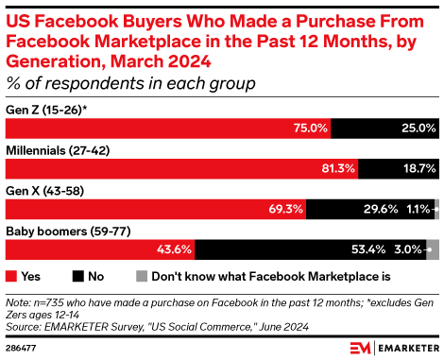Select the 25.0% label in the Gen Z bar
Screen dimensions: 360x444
[416, 128]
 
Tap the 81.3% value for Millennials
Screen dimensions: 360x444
[337, 168]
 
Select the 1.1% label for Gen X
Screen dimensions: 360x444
[417, 209]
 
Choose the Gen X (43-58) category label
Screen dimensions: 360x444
[44, 190]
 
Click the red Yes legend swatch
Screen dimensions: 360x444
[11, 277]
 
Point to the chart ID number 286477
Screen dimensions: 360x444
[21, 348]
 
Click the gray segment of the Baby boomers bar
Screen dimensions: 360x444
[433, 249]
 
